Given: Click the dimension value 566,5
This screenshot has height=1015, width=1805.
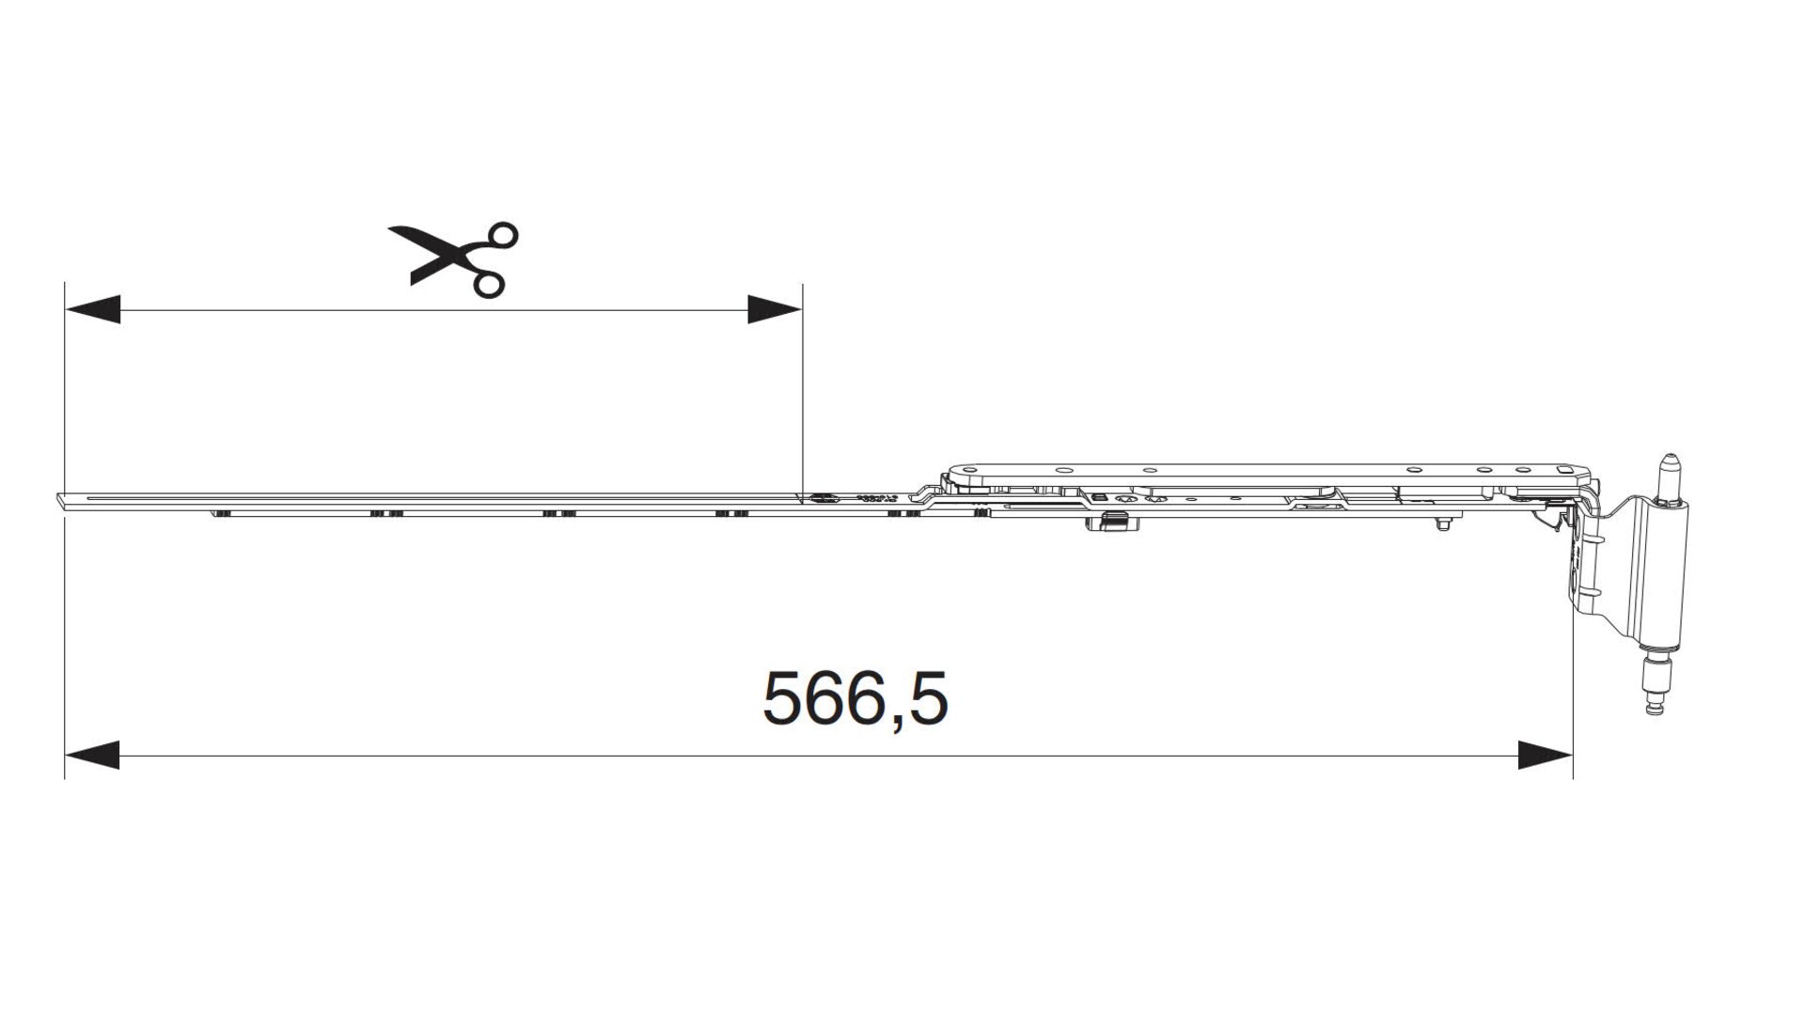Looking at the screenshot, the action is click(x=855, y=698).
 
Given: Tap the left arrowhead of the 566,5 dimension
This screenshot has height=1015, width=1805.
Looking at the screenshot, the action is click(x=92, y=755).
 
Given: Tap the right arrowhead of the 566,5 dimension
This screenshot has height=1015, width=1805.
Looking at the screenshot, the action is click(x=1546, y=755).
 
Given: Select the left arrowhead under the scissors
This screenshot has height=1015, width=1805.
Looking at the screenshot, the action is click(x=92, y=309).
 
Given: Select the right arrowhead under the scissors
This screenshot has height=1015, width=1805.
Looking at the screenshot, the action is click(x=775, y=309).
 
